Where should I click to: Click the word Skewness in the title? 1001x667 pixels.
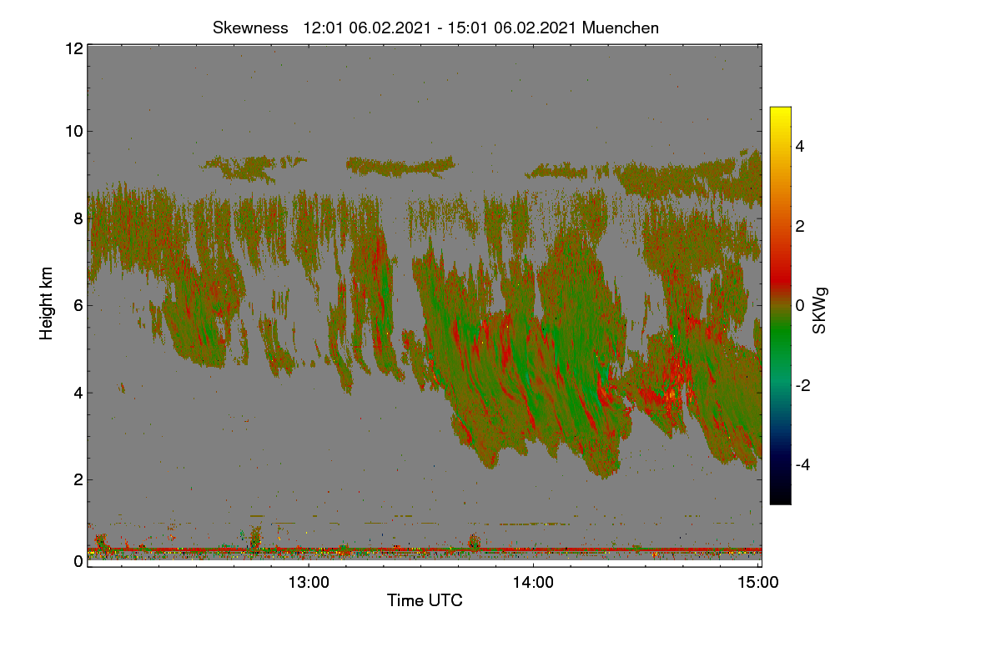pos(250,28)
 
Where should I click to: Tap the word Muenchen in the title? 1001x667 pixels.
pos(621,28)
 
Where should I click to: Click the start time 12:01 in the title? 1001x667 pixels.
pos(323,28)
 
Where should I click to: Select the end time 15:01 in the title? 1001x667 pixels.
pos(467,28)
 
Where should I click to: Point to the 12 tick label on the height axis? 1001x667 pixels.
pos(74,48)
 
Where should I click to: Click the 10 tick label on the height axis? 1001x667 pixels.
pos(74,132)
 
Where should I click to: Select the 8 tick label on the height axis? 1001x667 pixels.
pos(78,218)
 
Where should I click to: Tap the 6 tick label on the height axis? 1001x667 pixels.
pos(78,306)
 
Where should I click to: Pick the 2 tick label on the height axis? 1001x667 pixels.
pos(78,479)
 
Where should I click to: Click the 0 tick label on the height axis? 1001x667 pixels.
pos(78,561)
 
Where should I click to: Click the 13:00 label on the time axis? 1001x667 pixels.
pos(309,582)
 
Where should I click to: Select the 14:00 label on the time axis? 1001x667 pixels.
pos(533,582)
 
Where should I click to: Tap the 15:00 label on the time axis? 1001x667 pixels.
pos(758,582)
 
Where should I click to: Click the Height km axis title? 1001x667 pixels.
pos(46,303)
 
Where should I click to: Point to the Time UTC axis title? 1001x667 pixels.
pos(425,600)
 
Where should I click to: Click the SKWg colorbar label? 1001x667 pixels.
pos(819,310)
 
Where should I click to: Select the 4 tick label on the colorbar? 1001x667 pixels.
pos(800,146)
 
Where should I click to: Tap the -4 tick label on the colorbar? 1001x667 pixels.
pos(802,464)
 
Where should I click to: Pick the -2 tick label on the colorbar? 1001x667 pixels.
pos(802,385)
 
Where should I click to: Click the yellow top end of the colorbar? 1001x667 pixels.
pos(780,108)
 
